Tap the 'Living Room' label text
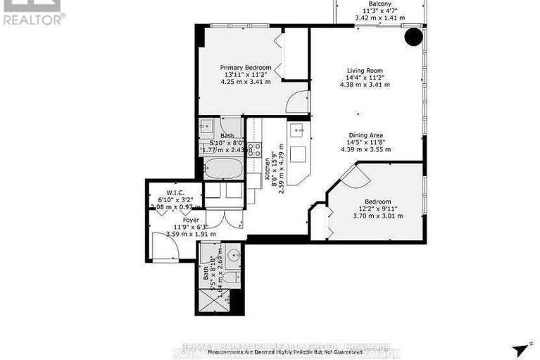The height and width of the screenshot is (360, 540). pos(364,70)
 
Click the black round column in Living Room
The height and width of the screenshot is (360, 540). pos(413,37)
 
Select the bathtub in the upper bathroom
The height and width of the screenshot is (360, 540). pos(222,168)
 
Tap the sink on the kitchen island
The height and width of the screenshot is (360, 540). pos(297,130)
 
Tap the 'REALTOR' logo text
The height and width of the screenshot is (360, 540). pos(33,20)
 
